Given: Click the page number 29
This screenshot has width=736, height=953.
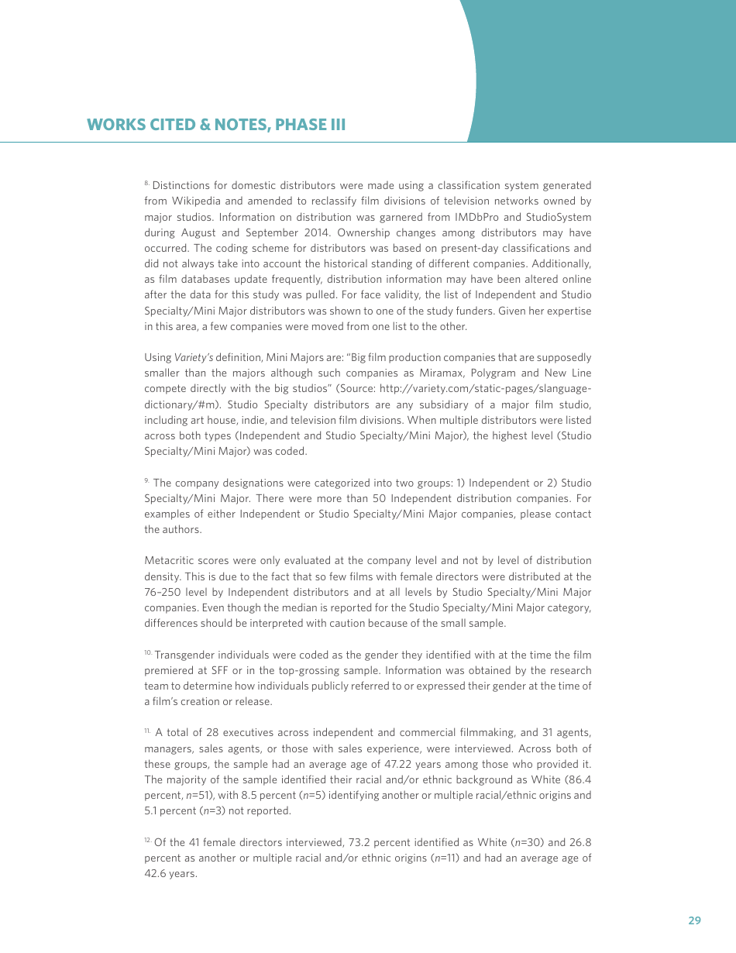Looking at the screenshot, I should [x=694, y=920].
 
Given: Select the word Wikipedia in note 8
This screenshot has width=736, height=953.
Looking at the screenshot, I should [x=196, y=201].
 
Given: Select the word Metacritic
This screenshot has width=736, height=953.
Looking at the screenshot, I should [x=172, y=560].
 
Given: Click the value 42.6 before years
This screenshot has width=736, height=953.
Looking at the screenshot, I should [x=156, y=873].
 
